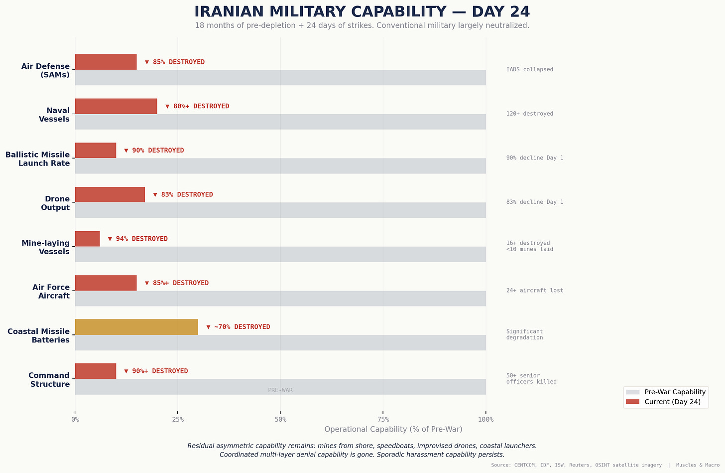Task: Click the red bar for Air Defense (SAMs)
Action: (x=106, y=62)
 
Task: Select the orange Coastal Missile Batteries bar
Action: (x=136, y=327)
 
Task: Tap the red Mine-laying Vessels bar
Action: (x=88, y=239)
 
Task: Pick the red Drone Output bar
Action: (x=110, y=194)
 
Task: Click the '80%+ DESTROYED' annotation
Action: (x=197, y=106)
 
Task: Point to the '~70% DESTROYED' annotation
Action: (x=238, y=327)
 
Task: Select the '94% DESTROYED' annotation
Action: (x=138, y=239)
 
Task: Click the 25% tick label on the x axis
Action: (x=178, y=420)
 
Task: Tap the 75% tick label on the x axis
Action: (x=383, y=420)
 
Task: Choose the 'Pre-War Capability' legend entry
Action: (x=666, y=392)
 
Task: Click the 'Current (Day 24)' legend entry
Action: (x=663, y=402)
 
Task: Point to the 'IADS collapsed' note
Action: (x=530, y=69)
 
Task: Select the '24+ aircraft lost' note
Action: (x=535, y=290)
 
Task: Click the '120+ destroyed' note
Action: (x=530, y=114)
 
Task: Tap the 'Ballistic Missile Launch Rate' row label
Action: (x=37, y=158)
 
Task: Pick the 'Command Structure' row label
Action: (x=49, y=380)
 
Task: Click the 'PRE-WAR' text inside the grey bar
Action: (x=280, y=390)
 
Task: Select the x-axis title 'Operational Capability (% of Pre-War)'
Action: (x=393, y=429)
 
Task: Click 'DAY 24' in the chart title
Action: (x=501, y=11)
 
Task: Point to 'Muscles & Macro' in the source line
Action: (x=698, y=465)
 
